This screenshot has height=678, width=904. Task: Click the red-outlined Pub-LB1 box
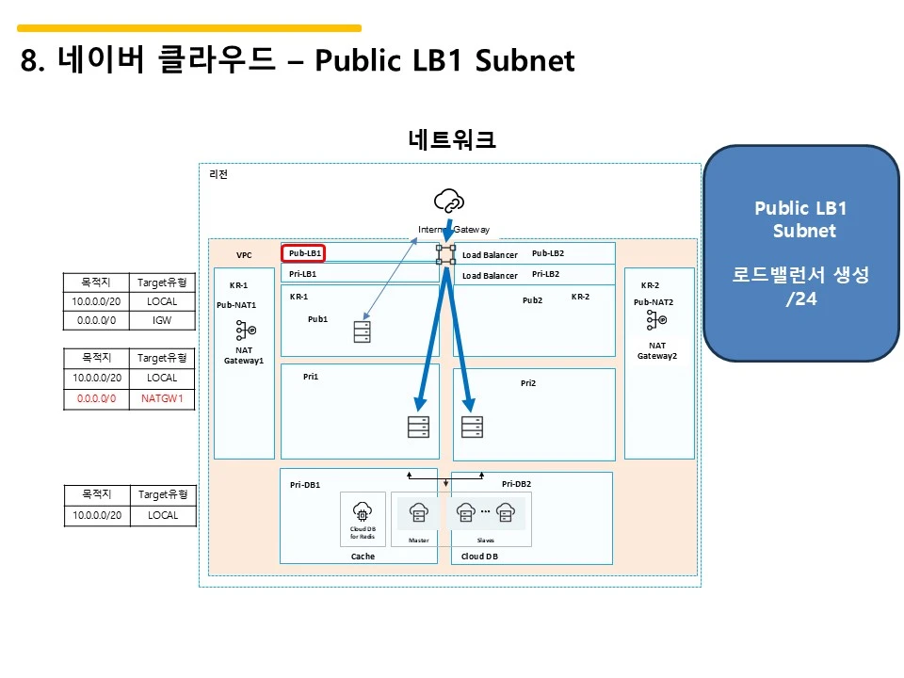(x=304, y=253)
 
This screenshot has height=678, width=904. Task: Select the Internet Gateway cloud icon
(x=448, y=201)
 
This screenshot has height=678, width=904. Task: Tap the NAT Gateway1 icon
(x=244, y=331)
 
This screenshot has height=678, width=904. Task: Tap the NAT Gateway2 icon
(x=656, y=321)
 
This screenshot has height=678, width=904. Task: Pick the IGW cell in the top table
(x=162, y=320)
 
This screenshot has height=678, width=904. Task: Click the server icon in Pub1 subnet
(x=362, y=332)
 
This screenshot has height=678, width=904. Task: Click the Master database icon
(x=419, y=513)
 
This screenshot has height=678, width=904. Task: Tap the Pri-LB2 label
(x=545, y=274)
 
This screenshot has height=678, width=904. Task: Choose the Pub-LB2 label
(x=547, y=253)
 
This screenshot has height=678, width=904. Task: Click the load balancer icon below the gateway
(x=445, y=254)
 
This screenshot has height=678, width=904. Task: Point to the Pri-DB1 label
(x=305, y=485)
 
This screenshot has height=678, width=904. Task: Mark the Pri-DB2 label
(x=516, y=484)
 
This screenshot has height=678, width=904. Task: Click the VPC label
(x=244, y=255)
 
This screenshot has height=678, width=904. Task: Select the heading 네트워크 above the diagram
(x=452, y=140)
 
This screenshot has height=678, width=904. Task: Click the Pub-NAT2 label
(x=654, y=302)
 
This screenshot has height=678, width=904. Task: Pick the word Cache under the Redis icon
(x=363, y=557)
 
